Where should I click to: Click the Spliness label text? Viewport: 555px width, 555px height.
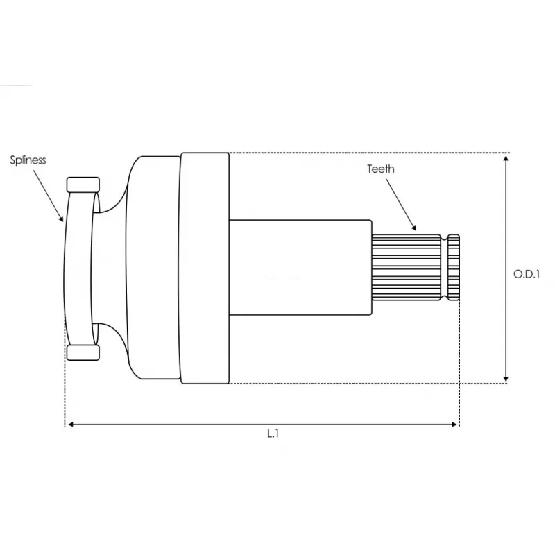tap(28, 160)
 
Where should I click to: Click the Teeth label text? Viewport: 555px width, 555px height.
tap(380, 169)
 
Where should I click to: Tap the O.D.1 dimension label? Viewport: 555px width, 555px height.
tap(527, 274)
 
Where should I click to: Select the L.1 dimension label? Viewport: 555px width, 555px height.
tap(273, 434)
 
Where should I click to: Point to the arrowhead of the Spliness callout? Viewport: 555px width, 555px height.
tap(62, 219)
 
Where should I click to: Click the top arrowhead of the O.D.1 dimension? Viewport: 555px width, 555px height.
tap(506, 158)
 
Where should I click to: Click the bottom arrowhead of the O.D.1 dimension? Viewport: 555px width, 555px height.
tap(506, 378)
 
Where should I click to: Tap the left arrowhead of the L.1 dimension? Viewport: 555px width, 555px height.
tap(70, 424)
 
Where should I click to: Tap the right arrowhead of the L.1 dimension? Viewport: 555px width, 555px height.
tap(454, 424)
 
